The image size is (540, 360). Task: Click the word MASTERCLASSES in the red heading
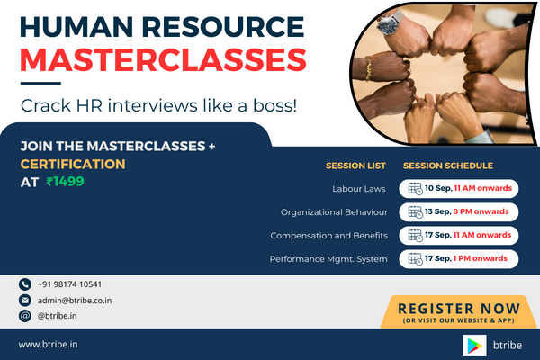pos(163,59)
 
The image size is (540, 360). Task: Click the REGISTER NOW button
pos(457,310)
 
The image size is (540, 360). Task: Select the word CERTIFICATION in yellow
pos(73,165)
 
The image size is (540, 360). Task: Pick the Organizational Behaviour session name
pos(334,212)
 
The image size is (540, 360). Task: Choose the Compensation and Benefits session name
pos(328,236)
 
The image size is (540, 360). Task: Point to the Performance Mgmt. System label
pos(328,259)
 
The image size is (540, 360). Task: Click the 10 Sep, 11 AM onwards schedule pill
pos(459,189)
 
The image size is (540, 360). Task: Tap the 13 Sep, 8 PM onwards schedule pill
pos(459,212)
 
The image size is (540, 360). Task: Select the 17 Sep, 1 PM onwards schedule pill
pos(459,259)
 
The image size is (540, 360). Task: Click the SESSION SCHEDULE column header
pos(446,166)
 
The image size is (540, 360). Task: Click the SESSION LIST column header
pos(356,166)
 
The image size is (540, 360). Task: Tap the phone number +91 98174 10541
pos(69,284)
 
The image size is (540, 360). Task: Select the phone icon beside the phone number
pos(24,284)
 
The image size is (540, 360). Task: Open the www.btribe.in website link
pos(49,344)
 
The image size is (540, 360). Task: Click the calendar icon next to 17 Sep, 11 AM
pos(415,236)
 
